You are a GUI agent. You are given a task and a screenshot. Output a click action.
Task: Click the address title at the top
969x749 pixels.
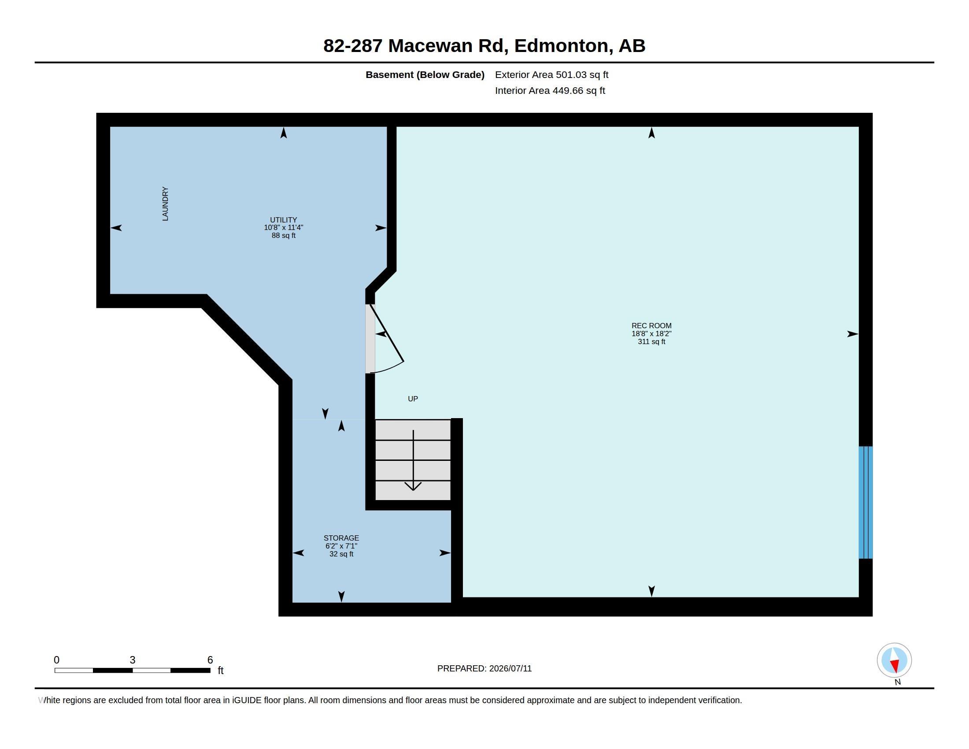(484, 46)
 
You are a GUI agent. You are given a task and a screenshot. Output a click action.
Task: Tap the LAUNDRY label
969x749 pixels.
(165, 204)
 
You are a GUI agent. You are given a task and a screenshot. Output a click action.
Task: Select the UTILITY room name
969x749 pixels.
(284, 220)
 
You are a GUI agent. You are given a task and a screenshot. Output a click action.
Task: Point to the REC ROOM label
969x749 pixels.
(651, 326)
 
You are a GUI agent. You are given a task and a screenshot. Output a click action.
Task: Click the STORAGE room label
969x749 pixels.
(341, 538)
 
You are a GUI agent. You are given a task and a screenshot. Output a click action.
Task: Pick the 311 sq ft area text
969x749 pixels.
(651, 341)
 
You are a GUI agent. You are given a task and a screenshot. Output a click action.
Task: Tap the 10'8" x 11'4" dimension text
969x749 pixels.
(284, 228)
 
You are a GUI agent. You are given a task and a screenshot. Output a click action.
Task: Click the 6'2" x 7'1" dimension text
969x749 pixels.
(341, 546)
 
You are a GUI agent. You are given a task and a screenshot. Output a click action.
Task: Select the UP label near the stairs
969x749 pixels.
(413, 399)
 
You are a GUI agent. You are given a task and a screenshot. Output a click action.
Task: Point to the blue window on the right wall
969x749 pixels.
(865, 502)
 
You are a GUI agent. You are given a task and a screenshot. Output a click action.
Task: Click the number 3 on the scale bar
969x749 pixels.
(132, 660)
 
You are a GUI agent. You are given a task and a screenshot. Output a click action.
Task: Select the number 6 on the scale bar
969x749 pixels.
(210, 660)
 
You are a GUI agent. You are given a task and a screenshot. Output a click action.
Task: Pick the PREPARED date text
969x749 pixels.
(484, 669)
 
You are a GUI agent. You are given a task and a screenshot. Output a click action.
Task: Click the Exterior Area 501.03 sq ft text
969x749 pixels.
(551, 75)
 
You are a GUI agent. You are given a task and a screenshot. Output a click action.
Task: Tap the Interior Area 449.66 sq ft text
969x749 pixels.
(550, 91)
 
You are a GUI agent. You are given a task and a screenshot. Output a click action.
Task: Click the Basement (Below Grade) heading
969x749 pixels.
(425, 75)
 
